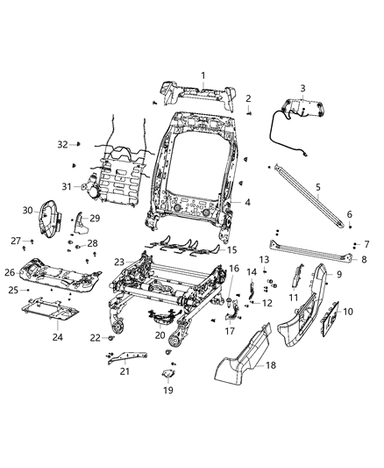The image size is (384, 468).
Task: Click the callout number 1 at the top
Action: [x=203, y=76]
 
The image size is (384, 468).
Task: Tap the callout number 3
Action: [x=302, y=88]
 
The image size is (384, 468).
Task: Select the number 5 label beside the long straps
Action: [x=318, y=187]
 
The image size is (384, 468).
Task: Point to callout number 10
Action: [x=348, y=312]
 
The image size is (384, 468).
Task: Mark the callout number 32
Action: [x=62, y=143]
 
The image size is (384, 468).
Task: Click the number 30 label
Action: [x=27, y=210]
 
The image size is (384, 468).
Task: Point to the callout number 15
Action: [x=231, y=250]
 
